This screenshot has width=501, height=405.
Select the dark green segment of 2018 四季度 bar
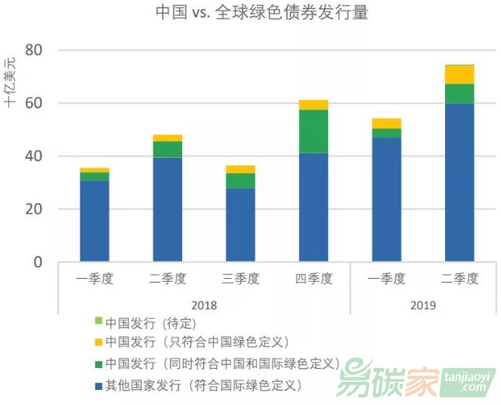coord(314,131)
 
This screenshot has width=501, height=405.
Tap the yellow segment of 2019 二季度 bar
coord(459,74)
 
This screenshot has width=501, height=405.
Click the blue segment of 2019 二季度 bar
coord(459,182)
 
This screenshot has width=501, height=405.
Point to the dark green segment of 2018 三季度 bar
coord(240,181)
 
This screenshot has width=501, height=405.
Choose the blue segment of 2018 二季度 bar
coord(168,209)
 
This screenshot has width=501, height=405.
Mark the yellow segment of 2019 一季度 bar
coord(386,123)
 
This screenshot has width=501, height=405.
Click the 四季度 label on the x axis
coord(314,278)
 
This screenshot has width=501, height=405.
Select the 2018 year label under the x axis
coord(204,305)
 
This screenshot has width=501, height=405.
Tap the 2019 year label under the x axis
coord(422,305)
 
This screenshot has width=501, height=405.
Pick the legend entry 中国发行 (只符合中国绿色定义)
coord(197,342)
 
